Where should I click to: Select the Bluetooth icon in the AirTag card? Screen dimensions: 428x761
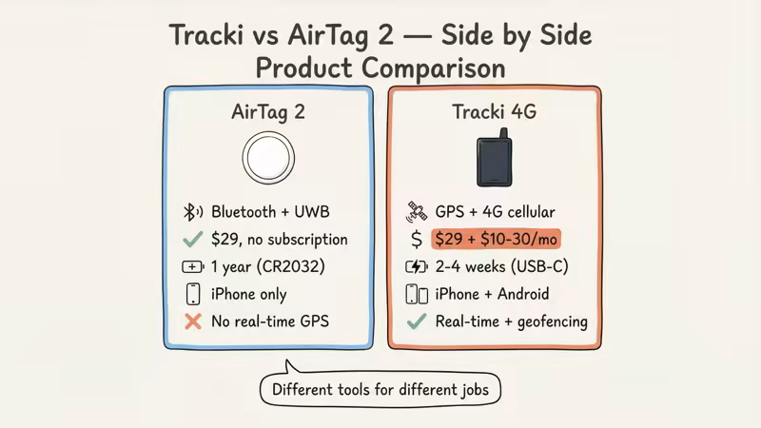(x=193, y=212)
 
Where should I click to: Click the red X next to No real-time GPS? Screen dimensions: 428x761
(x=193, y=321)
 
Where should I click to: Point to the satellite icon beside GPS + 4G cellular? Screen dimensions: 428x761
(x=417, y=211)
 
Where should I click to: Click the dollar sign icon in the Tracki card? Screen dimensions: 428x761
(x=416, y=239)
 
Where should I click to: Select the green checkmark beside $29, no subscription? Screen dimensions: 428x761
(x=193, y=239)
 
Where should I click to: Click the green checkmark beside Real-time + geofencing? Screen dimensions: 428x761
(x=416, y=321)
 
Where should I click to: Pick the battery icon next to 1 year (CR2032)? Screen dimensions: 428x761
(x=193, y=266)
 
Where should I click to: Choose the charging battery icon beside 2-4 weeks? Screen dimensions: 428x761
(x=417, y=266)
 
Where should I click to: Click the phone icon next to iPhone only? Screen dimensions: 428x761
(x=193, y=294)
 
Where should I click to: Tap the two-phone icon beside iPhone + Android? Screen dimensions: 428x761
(x=417, y=294)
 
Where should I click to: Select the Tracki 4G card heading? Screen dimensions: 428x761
(x=494, y=111)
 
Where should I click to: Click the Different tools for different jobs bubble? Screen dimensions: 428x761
(x=380, y=389)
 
